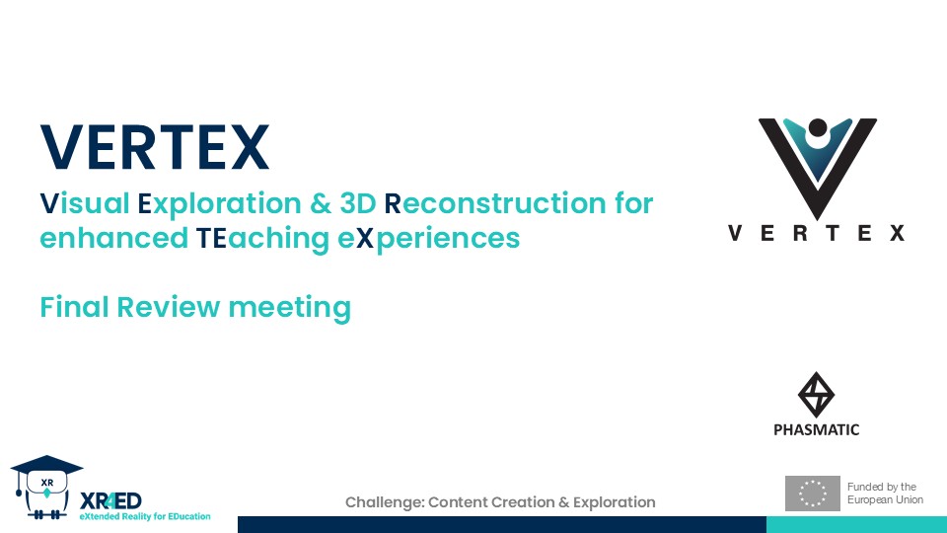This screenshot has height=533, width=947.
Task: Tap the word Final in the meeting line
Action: point(74,307)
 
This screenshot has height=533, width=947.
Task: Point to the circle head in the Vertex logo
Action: point(817,129)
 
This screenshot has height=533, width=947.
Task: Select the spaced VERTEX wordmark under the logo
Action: point(817,234)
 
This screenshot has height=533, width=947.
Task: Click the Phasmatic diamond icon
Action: point(816,395)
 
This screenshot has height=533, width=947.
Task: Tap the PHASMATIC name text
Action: point(816,429)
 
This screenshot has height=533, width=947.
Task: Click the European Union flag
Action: point(812,494)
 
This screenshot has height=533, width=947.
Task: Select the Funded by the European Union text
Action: point(885,494)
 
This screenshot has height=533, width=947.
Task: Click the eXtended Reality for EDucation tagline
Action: point(144,516)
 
